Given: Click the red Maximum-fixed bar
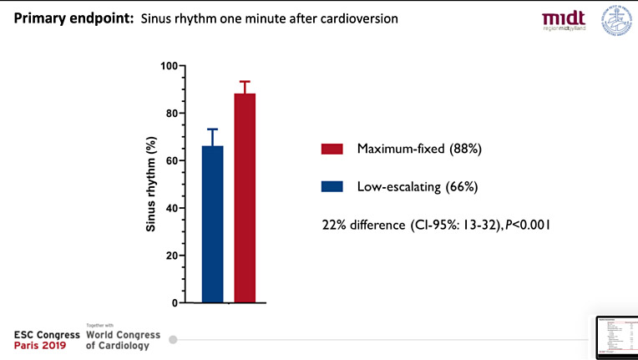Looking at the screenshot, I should coord(245,197).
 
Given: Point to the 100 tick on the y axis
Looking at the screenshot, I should coord(169,66).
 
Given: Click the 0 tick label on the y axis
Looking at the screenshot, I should coord(174,302).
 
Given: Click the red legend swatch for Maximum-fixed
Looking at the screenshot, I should coord(332,149).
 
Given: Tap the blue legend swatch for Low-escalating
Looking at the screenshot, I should coord(332,186).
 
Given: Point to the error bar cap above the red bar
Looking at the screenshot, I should coord(245,81).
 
